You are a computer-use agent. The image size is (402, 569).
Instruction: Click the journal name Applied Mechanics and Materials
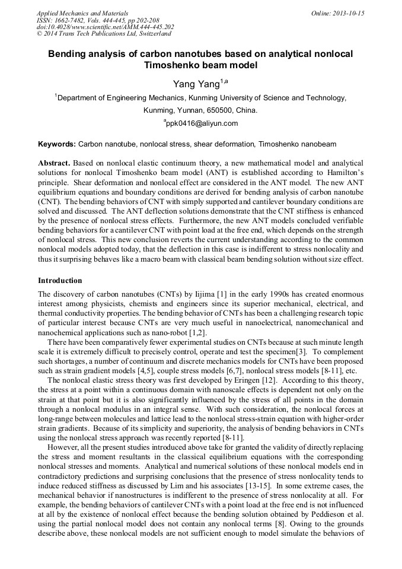tap(82, 13)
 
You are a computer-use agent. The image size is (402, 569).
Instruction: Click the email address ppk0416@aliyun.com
tap(202, 123)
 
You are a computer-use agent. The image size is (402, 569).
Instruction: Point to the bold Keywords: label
tap(57, 144)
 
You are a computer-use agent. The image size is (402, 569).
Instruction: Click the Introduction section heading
tap(60, 281)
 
